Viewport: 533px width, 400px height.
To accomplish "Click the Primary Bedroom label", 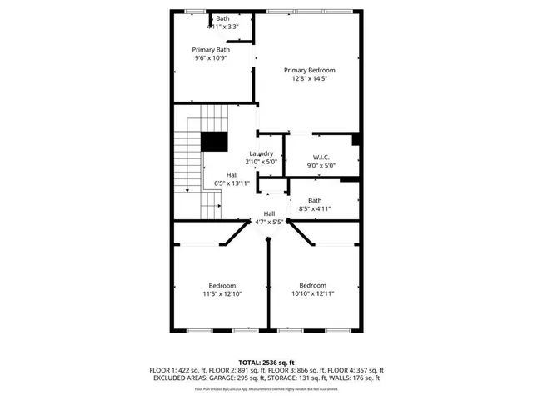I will point(308,70).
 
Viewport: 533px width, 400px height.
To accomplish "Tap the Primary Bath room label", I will point(210,50).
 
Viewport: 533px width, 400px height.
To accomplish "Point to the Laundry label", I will point(261,153).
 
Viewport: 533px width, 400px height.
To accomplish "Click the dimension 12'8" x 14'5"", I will point(308,79).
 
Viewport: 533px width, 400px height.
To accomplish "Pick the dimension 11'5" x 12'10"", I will point(222,293).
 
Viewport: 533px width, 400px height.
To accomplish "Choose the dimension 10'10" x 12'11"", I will point(312,293).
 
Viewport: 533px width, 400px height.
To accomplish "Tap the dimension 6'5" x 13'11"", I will point(232,182).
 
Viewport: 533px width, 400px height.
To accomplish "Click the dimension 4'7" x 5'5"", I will point(270,222).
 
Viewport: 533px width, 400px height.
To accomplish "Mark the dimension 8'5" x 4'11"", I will point(315,208).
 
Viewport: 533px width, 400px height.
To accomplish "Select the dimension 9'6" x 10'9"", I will point(210,59).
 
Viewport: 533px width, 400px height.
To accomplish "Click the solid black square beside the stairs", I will point(215,142).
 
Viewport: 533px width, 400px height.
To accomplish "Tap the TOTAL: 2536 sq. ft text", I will point(266,362).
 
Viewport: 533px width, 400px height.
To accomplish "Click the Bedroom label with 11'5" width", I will point(222,285).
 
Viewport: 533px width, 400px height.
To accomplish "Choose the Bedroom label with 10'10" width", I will point(312,285).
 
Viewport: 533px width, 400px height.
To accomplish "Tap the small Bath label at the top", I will point(222,18).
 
